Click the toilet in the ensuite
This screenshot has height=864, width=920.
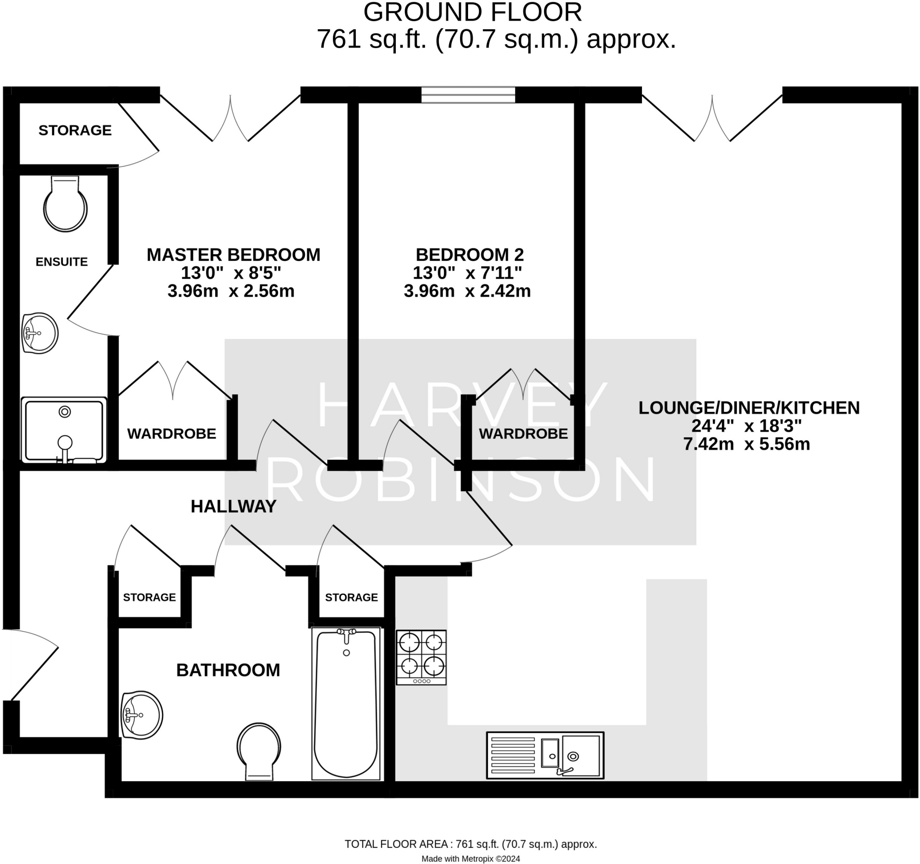65,205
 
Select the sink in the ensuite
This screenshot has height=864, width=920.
40,333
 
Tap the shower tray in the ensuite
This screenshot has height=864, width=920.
64,430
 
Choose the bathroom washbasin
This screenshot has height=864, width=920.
142,715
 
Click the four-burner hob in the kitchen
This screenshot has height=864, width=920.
421,657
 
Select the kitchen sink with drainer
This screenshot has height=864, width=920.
545,755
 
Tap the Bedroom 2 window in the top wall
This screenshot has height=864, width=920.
468,95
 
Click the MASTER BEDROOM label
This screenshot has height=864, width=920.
233,255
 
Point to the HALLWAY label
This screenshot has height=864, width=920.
233,507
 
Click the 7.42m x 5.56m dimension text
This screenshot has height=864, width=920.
747,444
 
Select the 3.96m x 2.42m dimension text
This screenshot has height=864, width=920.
467,291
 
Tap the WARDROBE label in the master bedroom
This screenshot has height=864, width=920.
172,434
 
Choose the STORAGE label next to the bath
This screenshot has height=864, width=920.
351,597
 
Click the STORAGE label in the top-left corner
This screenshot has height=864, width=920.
75,130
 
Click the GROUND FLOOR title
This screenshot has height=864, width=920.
473,13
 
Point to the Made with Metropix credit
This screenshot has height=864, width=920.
471,859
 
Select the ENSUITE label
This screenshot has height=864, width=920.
62,262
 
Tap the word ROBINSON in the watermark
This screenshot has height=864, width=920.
460,480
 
